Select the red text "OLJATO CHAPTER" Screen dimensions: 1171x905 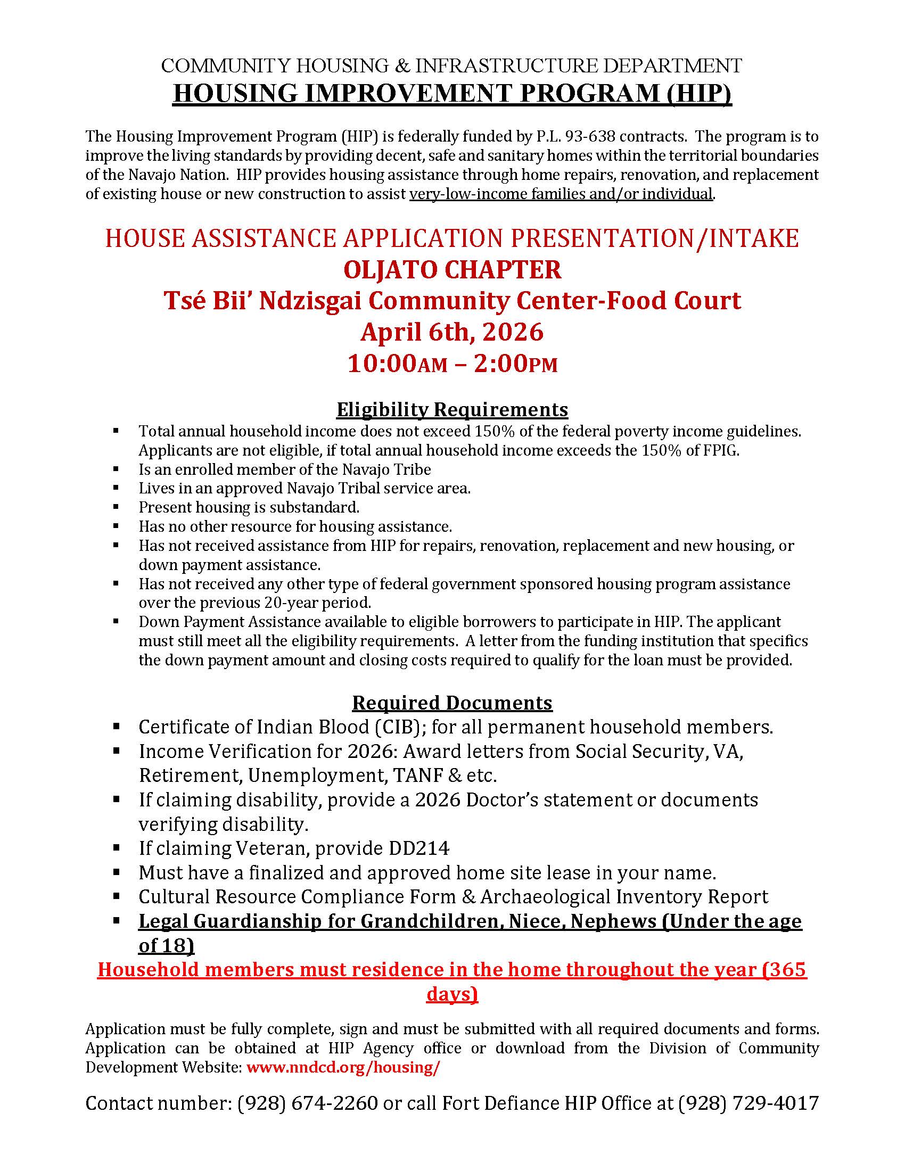[x=452, y=269]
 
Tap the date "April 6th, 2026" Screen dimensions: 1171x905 [x=452, y=332]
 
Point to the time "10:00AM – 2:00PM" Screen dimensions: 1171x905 [x=452, y=364]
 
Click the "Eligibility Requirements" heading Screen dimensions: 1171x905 [x=452, y=410]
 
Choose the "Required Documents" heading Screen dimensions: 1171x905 [x=452, y=703]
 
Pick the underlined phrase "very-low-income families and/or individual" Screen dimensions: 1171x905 [x=561, y=194]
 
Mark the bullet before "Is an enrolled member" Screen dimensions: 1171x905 [x=116, y=469]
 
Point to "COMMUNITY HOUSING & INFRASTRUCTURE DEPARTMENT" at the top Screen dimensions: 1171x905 [x=452, y=65]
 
